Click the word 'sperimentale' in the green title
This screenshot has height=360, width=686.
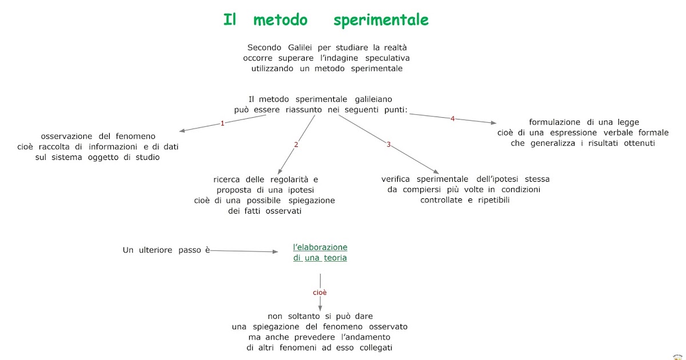pyautogui.click(x=381, y=21)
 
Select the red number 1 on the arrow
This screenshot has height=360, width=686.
pyautogui.click(x=222, y=123)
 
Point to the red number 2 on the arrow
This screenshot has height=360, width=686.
pyautogui.click(x=296, y=145)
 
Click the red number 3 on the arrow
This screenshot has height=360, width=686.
pyautogui.click(x=389, y=145)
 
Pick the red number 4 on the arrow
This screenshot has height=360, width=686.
pyautogui.click(x=453, y=119)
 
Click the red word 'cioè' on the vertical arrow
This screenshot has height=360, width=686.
pyautogui.click(x=320, y=293)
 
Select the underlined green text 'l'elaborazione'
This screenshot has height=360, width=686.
pyautogui.click(x=320, y=247)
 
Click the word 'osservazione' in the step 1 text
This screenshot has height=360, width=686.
pyautogui.click(x=66, y=136)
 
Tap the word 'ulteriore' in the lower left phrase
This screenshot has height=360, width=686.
pyautogui.click(x=155, y=250)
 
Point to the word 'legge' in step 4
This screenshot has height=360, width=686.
pyautogui.click(x=627, y=122)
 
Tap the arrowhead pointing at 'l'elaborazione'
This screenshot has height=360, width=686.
pyautogui.click(x=274, y=251)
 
